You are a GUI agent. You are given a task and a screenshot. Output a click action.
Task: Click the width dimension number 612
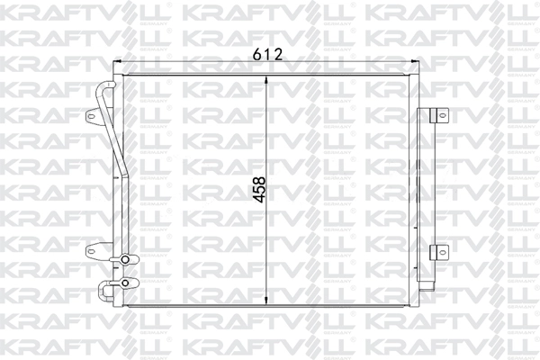pos(267,54)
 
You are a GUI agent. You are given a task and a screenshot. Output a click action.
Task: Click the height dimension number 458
pos(258,190)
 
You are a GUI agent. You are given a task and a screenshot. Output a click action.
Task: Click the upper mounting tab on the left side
pos(93,117)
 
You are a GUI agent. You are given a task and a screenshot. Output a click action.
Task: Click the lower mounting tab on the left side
pos(93,252)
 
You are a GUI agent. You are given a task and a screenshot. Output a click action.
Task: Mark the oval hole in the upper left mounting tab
pos(90,117)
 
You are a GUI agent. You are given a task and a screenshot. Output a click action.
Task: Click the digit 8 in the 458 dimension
pos(258,177)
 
